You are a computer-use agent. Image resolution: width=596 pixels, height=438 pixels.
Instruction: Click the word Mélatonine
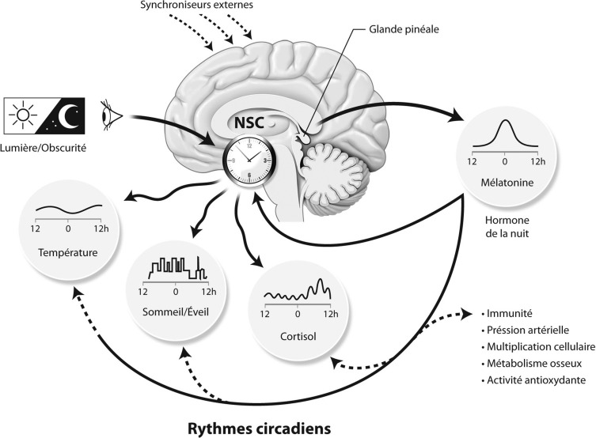(x=505, y=183)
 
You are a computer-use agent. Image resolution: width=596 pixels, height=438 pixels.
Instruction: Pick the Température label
(x=67, y=254)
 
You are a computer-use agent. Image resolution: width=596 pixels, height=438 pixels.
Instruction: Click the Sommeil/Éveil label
(x=172, y=311)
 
